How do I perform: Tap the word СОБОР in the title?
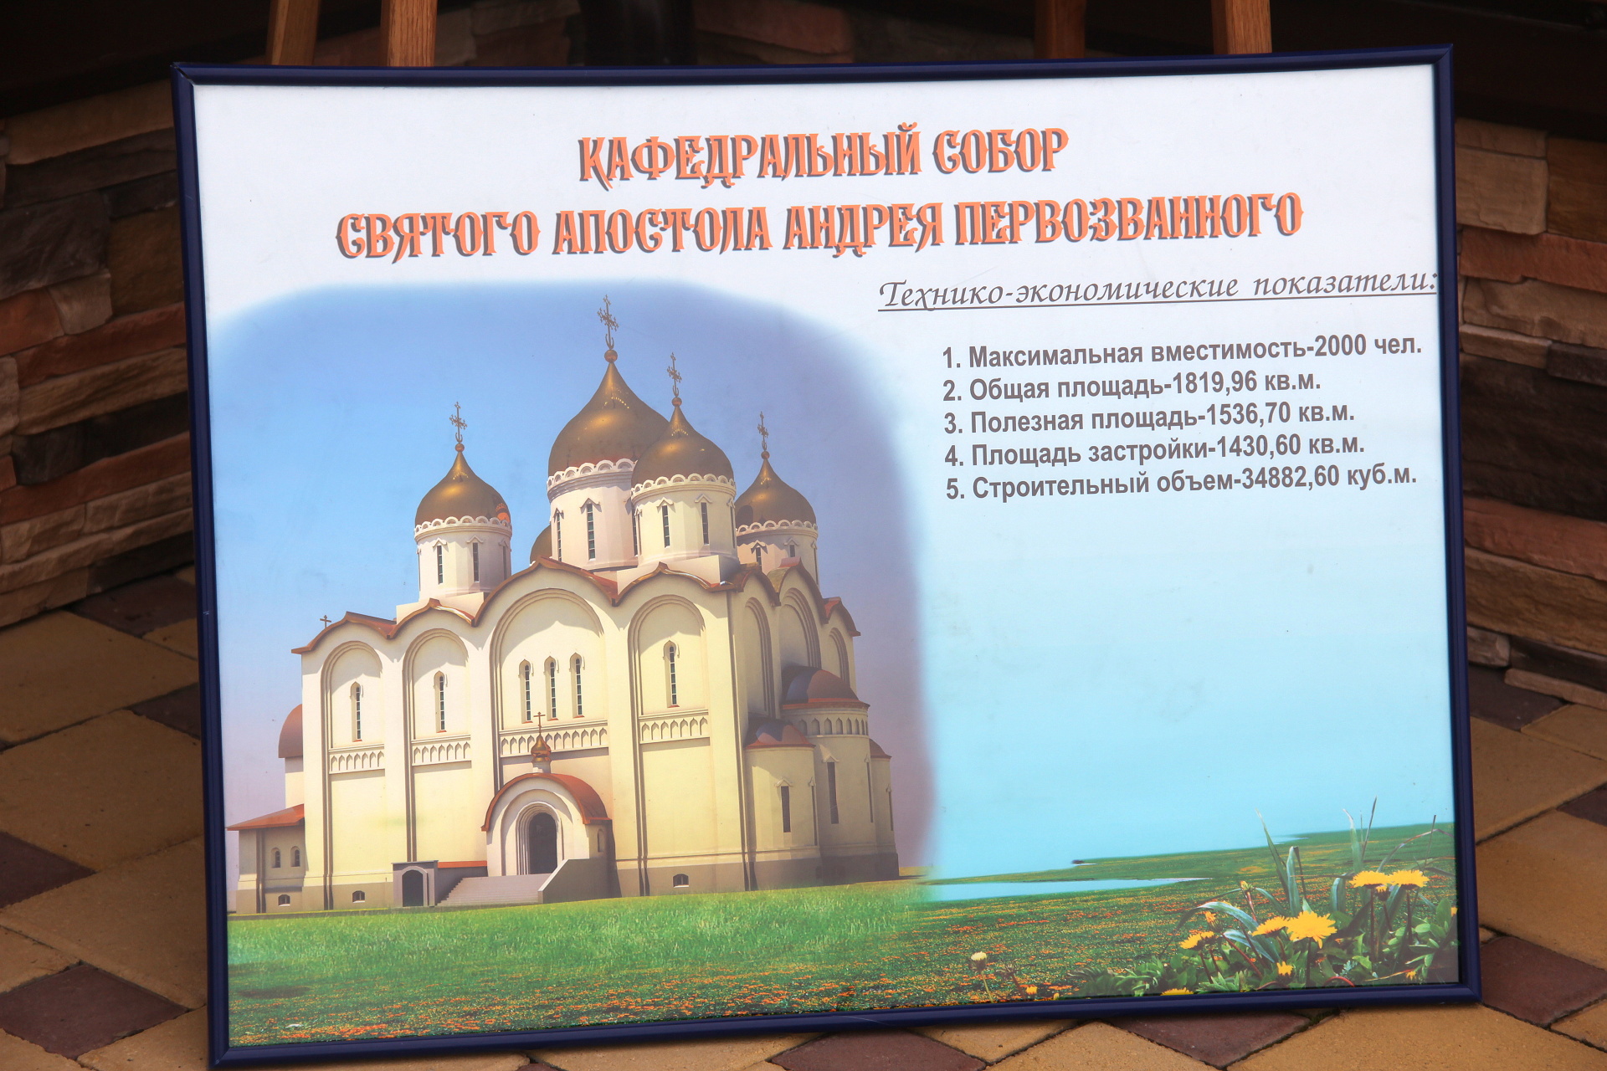pos(1001,151)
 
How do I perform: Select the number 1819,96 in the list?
pos(1215,383)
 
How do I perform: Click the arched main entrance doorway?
pos(542,841)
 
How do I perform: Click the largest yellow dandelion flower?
pos(1311,925)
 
